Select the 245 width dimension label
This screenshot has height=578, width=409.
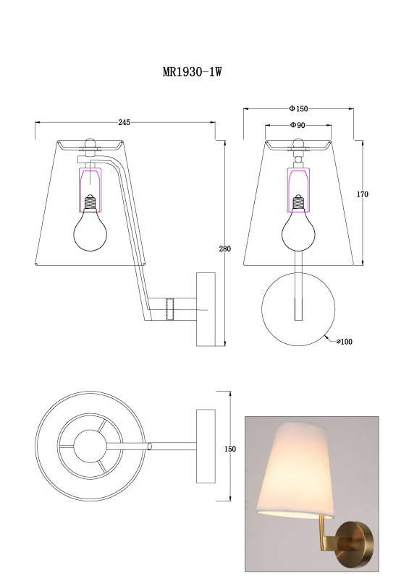pyautogui.click(x=124, y=123)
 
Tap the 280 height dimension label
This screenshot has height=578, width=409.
pyautogui.click(x=224, y=249)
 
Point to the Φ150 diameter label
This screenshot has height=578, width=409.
pyautogui.click(x=298, y=108)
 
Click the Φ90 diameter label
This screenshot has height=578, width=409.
pyautogui.click(x=297, y=125)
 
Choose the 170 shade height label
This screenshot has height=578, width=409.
pyautogui.click(x=363, y=194)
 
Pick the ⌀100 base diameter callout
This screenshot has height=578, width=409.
pyautogui.click(x=343, y=342)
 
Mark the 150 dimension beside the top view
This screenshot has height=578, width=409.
pyautogui.click(x=229, y=449)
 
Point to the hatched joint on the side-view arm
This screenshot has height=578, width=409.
pyautogui.click(x=172, y=309)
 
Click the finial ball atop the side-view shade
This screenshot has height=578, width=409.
pyautogui.click(x=90, y=142)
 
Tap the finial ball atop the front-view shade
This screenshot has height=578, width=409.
pyautogui.click(x=298, y=142)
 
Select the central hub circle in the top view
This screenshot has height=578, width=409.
pyautogui.click(x=91, y=448)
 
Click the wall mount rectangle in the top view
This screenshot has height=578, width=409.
pyautogui.click(x=206, y=447)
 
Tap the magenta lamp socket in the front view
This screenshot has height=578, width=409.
pyautogui.click(x=298, y=178)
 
